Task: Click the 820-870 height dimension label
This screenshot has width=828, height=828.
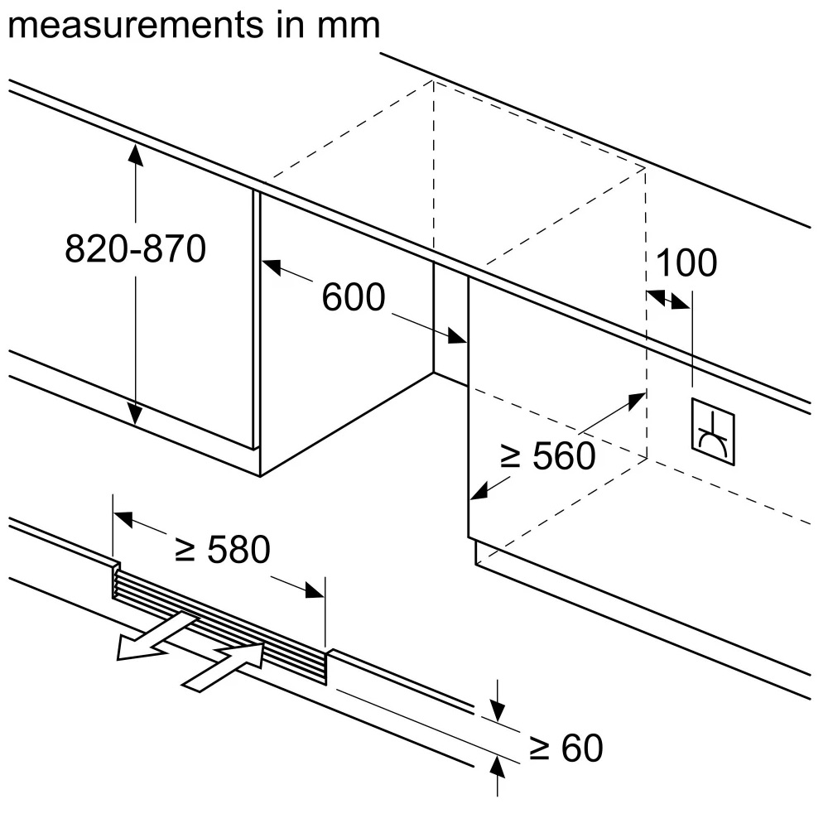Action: [x=135, y=248]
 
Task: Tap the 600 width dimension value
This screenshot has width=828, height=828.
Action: [x=354, y=296]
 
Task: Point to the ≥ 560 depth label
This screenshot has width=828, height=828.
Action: [x=547, y=455]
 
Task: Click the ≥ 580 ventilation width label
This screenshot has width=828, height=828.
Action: [x=222, y=549]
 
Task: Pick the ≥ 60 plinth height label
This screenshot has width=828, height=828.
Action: [x=566, y=747]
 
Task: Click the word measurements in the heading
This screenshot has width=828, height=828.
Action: [x=136, y=26]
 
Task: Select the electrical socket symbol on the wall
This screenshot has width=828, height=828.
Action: [x=713, y=432]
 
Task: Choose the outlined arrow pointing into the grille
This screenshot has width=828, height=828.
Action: [x=224, y=666]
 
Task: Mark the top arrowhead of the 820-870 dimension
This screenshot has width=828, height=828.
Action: [x=136, y=155]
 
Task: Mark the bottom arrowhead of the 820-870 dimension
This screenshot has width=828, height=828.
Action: [x=136, y=413]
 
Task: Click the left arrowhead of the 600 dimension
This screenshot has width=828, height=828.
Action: [x=272, y=267]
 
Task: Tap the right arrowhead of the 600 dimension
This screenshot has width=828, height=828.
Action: [x=457, y=335]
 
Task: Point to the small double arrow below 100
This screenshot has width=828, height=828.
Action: [x=668, y=299]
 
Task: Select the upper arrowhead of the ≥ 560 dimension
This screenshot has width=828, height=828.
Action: [x=636, y=401]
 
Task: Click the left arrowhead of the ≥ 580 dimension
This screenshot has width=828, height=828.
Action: [x=123, y=518]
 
